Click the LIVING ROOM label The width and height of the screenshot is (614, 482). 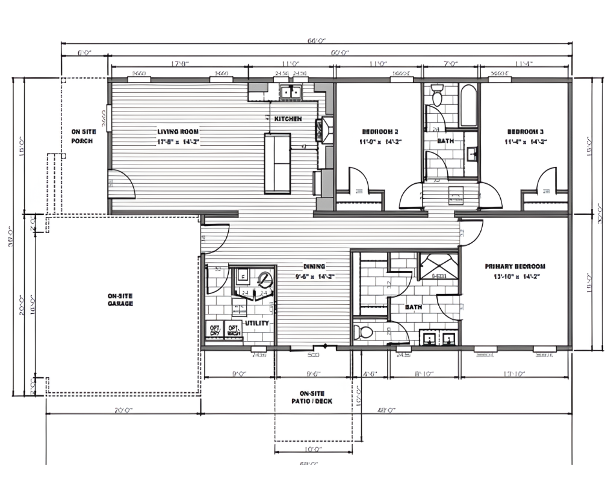[178, 136]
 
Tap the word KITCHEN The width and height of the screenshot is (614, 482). [288, 119]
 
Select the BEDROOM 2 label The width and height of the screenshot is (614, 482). [380, 136]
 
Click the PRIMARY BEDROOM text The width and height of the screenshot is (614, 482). [515, 271]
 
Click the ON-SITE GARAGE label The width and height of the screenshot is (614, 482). [120, 299]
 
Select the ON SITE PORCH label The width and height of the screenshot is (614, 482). [83, 136]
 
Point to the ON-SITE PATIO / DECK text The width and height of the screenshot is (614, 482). [312, 397]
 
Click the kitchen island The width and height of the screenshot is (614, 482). [278, 163]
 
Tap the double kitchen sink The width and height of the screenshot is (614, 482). [292, 92]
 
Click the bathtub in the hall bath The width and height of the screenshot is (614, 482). [468, 105]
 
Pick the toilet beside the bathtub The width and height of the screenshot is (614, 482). [438, 94]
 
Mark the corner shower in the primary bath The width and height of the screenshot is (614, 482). [438, 267]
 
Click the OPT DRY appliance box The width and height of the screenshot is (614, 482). [214, 329]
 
